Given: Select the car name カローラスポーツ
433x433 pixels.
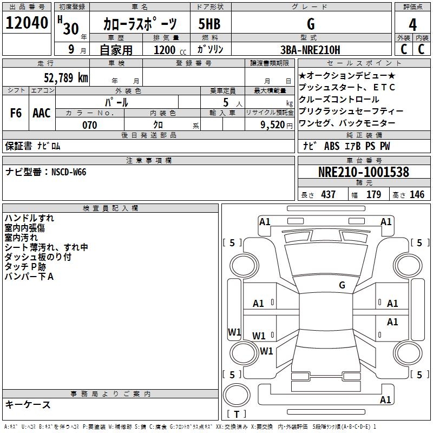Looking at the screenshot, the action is (x=140, y=24).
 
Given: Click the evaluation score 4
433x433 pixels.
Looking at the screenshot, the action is (x=413, y=24).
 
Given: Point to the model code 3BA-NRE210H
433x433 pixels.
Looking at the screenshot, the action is (x=311, y=50).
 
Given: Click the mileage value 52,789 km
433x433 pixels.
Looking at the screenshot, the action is (x=65, y=77).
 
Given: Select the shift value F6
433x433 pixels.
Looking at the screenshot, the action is (x=16, y=113).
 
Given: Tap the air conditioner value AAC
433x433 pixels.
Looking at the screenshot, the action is (x=42, y=113).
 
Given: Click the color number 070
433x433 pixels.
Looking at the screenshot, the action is (x=89, y=125).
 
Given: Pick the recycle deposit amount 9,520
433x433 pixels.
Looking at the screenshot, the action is (x=272, y=125).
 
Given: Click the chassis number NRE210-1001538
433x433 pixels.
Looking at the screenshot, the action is (x=364, y=173).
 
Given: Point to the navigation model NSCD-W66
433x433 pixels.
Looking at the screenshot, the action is (x=69, y=172).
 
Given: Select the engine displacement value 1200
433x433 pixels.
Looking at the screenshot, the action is (x=165, y=50).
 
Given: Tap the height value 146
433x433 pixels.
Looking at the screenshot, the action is (x=417, y=194).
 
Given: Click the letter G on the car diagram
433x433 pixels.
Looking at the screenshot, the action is (x=342, y=285).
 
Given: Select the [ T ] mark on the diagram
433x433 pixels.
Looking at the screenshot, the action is (x=238, y=415).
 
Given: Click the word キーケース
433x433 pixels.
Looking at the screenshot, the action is (x=28, y=404).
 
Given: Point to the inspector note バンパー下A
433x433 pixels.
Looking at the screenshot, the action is (x=29, y=277).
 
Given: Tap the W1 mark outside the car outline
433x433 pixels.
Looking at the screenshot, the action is (x=235, y=332).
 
